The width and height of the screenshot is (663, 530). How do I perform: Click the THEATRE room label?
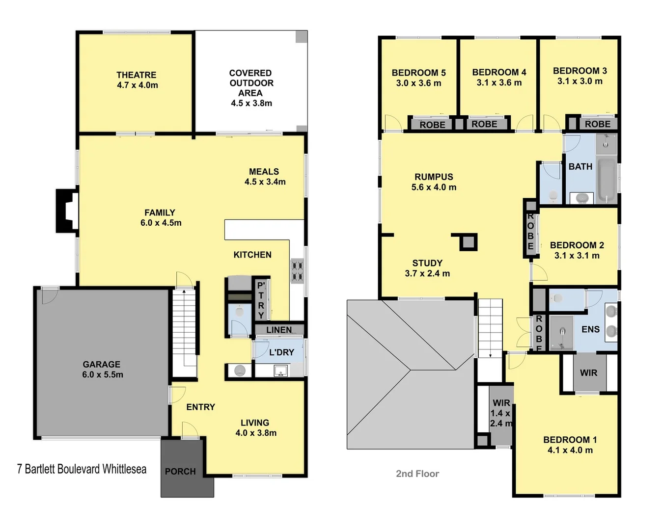point(136,75)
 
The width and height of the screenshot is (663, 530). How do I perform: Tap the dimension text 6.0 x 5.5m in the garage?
point(103,374)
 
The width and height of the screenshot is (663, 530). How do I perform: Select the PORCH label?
point(180,471)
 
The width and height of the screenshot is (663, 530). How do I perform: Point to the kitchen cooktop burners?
point(297,271)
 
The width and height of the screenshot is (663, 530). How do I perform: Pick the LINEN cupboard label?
point(279,330)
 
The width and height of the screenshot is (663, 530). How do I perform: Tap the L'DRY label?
point(281,352)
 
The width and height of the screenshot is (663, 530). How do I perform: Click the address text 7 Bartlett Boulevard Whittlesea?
point(82,469)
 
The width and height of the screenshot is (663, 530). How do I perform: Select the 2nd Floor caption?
point(417,474)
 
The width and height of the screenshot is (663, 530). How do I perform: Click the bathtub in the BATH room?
point(607,180)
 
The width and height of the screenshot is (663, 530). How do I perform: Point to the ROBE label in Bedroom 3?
point(597,124)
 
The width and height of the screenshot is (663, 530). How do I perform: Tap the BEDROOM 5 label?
point(418,73)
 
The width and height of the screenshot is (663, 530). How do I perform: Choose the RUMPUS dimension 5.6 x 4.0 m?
point(434,187)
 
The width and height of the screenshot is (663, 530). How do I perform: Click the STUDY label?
point(427,263)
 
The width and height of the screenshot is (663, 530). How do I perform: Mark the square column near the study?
point(468,242)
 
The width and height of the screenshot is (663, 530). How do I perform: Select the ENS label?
point(590,329)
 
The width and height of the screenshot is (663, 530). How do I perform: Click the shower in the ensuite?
point(562,333)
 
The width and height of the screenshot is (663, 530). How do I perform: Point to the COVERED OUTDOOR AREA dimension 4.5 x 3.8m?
point(251,103)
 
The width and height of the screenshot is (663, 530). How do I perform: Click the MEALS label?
point(264,171)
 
